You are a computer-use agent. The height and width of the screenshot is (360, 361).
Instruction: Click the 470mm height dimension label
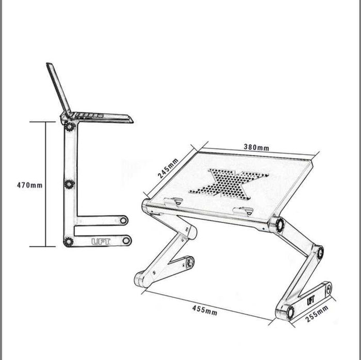[30, 185]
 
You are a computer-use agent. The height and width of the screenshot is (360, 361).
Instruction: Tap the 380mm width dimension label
[256, 147]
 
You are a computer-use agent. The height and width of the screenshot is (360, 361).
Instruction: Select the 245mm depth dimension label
[168, 168]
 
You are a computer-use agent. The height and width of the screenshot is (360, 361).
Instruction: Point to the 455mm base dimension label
[205, 311]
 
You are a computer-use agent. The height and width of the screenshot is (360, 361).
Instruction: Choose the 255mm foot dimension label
[317, 314]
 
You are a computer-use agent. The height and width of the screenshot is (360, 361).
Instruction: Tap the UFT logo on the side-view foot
[101, 242]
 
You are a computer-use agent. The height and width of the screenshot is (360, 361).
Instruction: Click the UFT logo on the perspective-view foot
[311, 300]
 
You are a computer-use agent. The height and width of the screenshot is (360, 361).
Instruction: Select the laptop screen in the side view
[59, 90]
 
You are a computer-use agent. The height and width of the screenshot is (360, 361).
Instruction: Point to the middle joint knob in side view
[69, 184]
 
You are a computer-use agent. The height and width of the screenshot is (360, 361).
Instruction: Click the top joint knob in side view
[70, 127]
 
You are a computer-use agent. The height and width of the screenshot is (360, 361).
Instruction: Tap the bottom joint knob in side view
[69, 242]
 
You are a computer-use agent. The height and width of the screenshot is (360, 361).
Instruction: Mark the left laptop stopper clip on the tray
[174, 201]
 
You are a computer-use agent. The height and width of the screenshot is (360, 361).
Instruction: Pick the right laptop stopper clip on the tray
[243, 211]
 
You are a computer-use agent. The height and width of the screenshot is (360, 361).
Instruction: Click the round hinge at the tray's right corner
[277, 224]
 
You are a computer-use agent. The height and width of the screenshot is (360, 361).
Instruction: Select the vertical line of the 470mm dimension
[45, 184]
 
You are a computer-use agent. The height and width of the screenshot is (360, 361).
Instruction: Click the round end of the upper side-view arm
[124, 220]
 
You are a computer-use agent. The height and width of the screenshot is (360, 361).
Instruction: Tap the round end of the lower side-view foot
[126, 241]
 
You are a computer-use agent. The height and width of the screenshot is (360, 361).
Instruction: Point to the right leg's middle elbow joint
[318, 252]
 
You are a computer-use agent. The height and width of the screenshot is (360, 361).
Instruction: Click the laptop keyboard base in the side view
[101, 117]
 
